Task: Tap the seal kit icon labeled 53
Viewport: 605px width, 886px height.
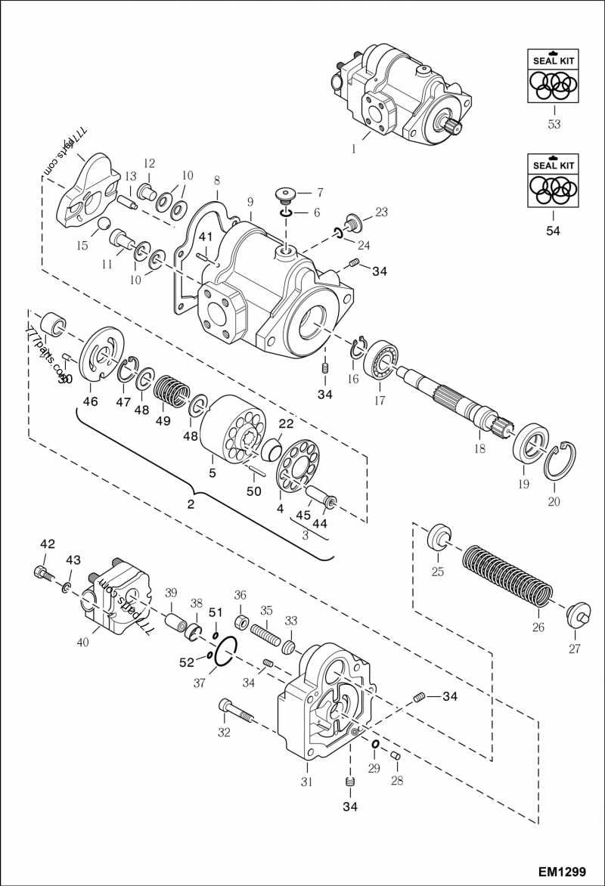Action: [554, 76]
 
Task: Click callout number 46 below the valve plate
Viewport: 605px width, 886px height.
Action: [90, 401]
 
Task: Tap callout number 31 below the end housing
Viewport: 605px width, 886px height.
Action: [306, 782]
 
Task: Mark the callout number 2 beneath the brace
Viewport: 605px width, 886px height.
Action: [191, 503]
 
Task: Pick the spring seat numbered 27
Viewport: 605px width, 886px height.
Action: [576, 612]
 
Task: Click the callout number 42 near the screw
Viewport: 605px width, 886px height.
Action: [47, 544]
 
